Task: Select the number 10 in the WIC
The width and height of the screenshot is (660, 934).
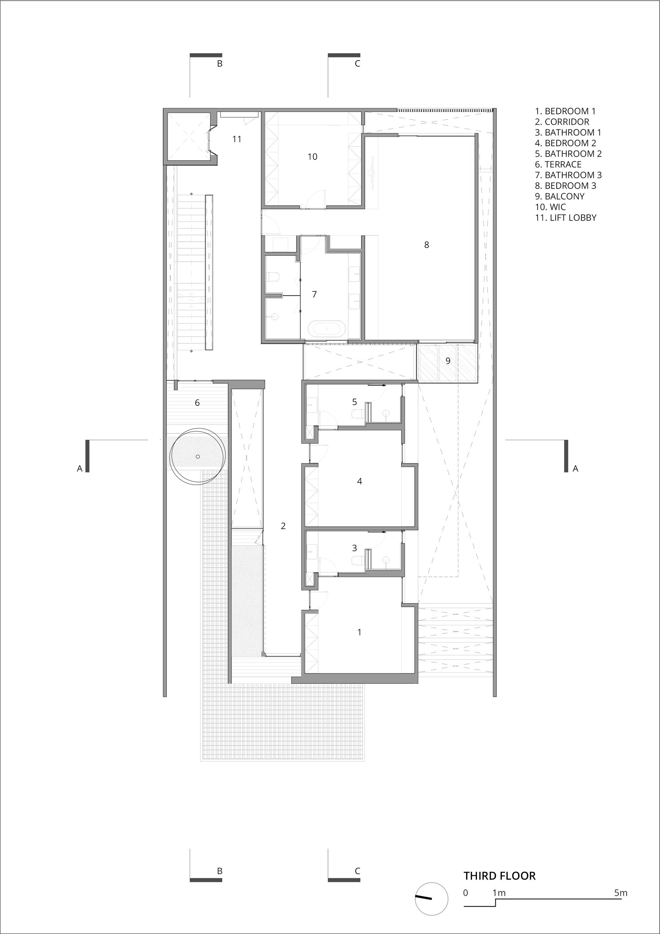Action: click(312, 156)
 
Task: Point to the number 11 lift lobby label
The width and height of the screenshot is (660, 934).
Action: click(237, 139)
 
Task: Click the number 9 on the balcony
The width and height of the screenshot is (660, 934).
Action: click(448, 361)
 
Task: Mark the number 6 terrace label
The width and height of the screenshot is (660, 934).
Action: click(197, 403)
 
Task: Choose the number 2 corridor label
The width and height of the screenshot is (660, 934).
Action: click(283, 526)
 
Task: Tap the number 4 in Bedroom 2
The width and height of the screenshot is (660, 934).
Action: click(359, 481)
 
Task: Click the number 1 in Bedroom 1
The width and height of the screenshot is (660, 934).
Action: click(359, 632)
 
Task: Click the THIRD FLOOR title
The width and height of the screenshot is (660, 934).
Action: click(500, 876)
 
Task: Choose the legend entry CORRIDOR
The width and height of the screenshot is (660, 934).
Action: click(562, 121)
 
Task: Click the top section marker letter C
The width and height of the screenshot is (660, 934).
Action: click(357, 63)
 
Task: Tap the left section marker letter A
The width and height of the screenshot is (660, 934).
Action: click(80, 468)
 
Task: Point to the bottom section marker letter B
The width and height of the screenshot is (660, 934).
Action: click(219, 871)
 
